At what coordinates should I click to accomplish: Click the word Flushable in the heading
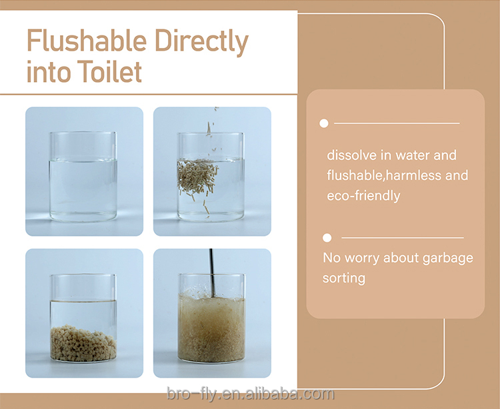87,41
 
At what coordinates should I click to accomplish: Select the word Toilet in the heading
112,72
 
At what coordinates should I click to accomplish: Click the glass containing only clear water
83,177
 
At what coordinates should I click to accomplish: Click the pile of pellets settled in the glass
83,343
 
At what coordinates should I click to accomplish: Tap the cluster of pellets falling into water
197,176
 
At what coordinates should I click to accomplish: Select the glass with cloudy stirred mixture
212,318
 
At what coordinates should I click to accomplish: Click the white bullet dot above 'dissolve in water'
324,123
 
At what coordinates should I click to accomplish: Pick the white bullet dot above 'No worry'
327,238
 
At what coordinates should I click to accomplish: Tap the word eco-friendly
363,196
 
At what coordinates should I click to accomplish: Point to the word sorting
344,278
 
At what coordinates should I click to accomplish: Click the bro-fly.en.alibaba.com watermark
251,394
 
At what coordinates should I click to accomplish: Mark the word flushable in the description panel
355,175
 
